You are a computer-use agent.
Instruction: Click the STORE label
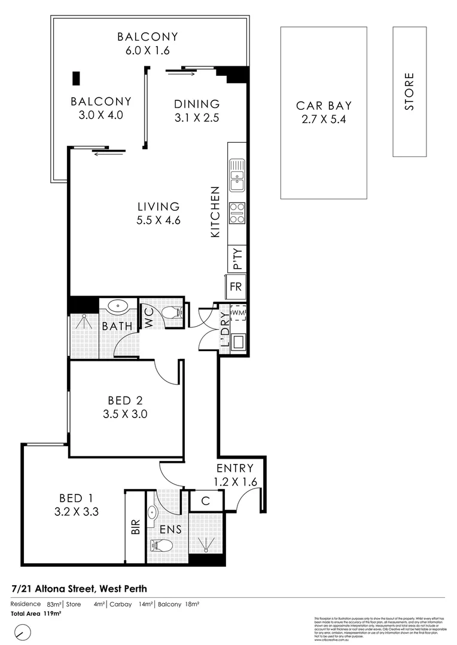pos(409,91)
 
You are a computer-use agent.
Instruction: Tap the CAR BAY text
pos(324,106)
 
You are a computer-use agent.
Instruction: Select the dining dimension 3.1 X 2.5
pos(197,118)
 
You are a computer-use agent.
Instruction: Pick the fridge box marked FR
pos(236,287)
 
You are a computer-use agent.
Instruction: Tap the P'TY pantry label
pos(237,259)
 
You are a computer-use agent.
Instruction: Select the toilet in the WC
pos(172,313)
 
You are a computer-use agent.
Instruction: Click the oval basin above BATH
pos(118,308)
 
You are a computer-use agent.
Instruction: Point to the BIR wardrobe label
pos(135,527)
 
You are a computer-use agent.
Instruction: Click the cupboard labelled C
pos(206,501)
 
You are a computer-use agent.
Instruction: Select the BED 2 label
pos(126,400)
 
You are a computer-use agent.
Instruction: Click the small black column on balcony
pos(76,79)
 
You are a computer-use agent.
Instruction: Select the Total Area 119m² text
pos(36,613)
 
